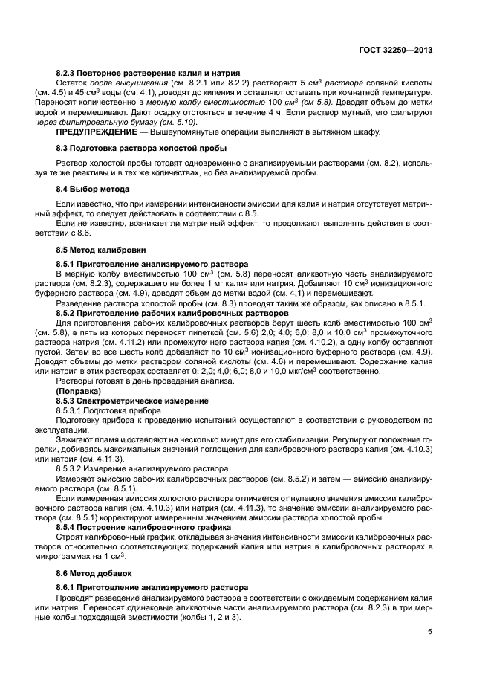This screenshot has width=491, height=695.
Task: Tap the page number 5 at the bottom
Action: tap(430, 632)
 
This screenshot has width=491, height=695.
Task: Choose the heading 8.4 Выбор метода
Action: tap(93, 190)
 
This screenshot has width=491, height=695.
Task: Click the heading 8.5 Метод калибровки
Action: tap(101, 250)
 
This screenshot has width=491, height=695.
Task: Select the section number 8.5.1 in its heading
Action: tap(68, 264)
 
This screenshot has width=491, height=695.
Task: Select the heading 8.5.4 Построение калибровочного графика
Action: tap(143, 526)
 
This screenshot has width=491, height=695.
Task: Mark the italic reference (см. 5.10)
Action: tap(176, 121)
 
